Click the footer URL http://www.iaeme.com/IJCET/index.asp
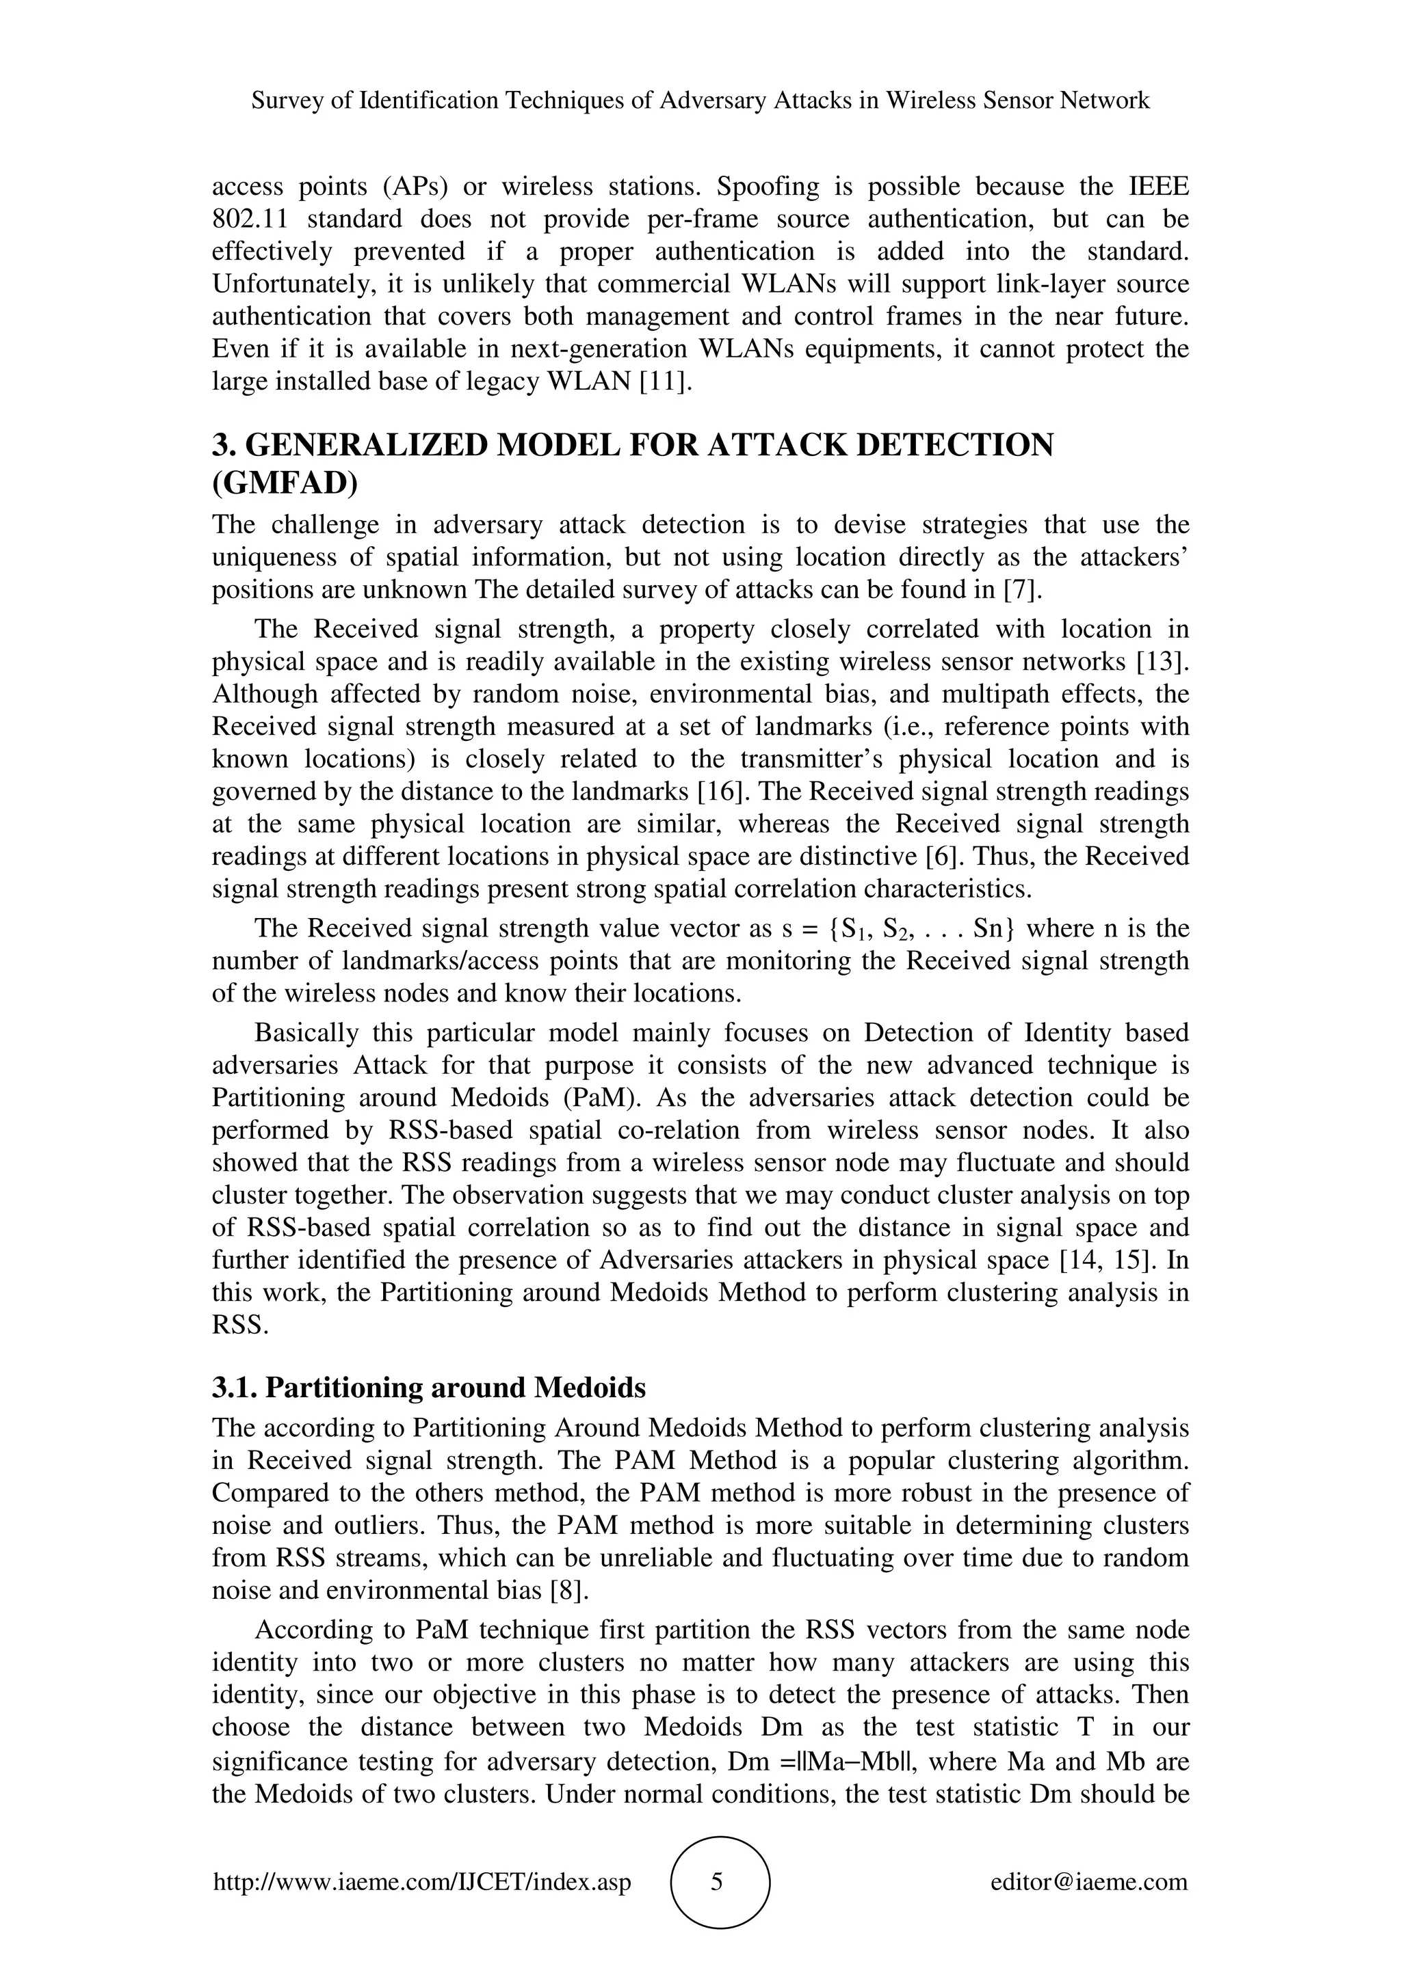(422, 1882)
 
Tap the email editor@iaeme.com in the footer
(1088, 1882)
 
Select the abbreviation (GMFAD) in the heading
(285, 483)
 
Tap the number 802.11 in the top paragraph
(248, 219)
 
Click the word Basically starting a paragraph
(306, 1033)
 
